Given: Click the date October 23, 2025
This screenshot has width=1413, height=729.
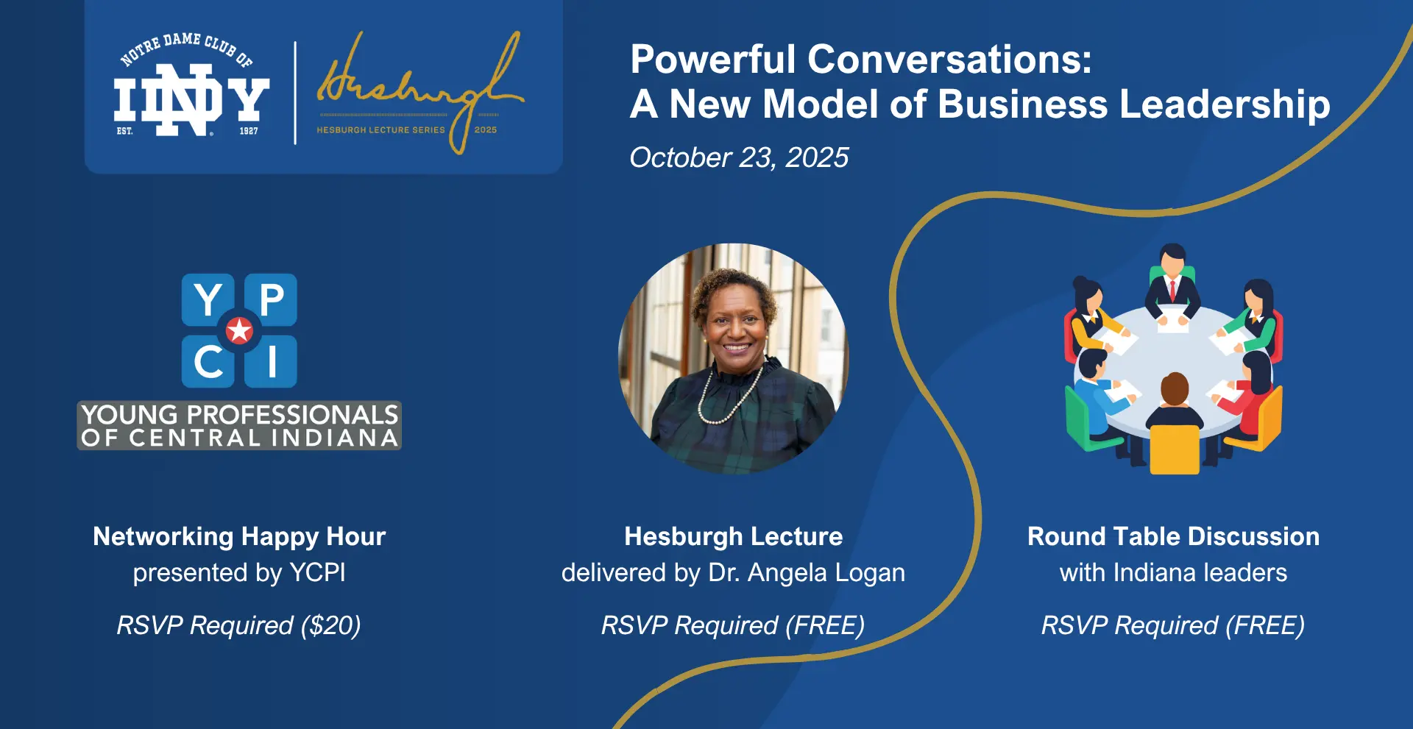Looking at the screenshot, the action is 739,157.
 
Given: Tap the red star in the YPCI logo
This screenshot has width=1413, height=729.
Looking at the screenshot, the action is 239,331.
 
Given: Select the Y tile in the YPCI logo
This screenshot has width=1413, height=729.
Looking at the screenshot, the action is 208,299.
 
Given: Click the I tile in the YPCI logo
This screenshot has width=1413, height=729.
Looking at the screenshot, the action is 271,361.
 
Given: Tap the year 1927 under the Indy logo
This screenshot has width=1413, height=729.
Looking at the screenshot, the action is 249,131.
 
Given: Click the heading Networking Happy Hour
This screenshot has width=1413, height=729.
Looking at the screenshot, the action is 239,537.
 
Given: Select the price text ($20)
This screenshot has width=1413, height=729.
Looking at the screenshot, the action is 330,625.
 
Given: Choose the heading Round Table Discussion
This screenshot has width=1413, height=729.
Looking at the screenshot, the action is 1173,536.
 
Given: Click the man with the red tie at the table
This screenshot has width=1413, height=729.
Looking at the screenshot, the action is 1172,279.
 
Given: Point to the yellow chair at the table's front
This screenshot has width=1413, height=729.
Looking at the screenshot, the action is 1175,449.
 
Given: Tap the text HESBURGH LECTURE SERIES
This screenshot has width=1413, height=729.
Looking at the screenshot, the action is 380,129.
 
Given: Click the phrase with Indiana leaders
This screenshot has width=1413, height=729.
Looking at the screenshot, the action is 1173,573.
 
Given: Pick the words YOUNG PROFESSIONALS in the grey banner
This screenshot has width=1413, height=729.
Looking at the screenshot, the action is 240,415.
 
